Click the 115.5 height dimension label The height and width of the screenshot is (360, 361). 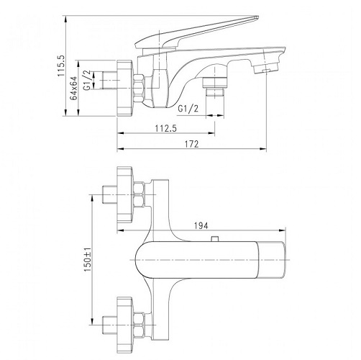coord(61,66)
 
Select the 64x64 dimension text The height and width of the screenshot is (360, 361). coord(73,88)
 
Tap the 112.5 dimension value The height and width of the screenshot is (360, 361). coord(166,128)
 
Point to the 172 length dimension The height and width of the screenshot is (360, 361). coord(192,144)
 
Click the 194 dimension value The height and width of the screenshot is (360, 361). coord(201,225)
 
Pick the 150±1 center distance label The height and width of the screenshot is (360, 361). coord(88,260)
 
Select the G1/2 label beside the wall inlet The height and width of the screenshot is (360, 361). coord(87,80)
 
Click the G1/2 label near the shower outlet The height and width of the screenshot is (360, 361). coord(188,109)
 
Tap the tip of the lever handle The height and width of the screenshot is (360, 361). coord(257,17)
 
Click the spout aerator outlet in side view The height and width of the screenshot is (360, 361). coord(265,68)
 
